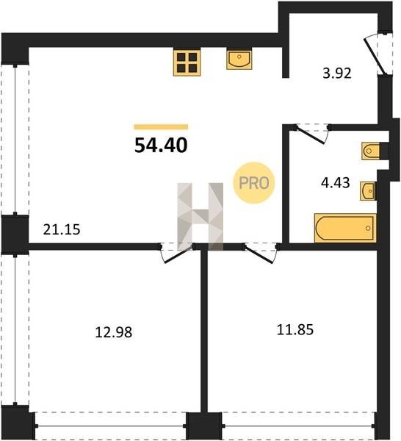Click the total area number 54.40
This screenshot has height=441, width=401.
click(161, 146)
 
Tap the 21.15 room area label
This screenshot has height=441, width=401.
click(62, 229)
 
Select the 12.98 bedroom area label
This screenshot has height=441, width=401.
click(114, 332)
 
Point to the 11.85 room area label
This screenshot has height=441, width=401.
click(295, 329)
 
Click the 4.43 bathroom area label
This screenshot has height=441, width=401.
click(335, 182)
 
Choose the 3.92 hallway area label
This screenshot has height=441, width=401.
click(337, 73)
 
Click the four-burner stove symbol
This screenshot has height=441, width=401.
click(187, 62)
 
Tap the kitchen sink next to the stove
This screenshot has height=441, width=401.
click(239, 60)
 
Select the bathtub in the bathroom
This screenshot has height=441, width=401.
click(345, 228)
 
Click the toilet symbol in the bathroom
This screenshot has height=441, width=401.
click(371, 151)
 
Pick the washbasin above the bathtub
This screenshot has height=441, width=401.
click(367, 191)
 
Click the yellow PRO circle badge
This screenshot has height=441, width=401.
click(254, 183)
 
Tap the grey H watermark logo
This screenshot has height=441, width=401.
click(201, 217)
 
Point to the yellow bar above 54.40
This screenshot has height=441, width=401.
click(161, 127)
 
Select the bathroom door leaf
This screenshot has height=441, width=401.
click(311, 135)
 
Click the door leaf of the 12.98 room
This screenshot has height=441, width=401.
click(178, 255)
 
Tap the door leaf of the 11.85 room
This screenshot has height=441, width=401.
click(258, 254)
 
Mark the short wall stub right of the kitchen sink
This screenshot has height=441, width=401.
click(285, 62)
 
